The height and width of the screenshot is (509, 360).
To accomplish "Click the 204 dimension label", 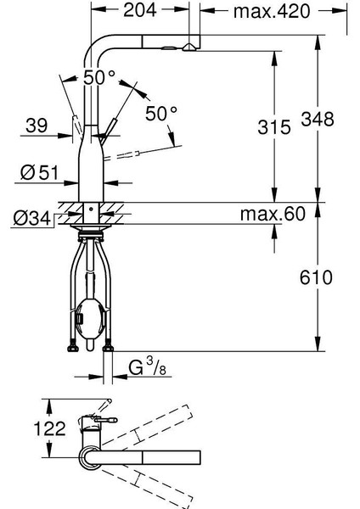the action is point(140,10).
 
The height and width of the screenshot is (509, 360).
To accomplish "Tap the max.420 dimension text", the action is point(272,11).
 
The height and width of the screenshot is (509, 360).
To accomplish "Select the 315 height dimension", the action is point(274,127).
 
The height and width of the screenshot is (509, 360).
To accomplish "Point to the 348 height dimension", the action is point(318,119).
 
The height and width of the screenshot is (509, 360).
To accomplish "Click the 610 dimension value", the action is point(316,277).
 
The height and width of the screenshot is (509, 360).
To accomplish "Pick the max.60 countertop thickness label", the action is point(273,214).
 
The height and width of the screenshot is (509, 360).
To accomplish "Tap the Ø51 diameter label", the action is point(39,172).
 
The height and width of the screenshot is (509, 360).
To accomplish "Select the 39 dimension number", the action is point(37,126).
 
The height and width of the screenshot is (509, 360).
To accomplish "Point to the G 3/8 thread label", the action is point(148,367).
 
